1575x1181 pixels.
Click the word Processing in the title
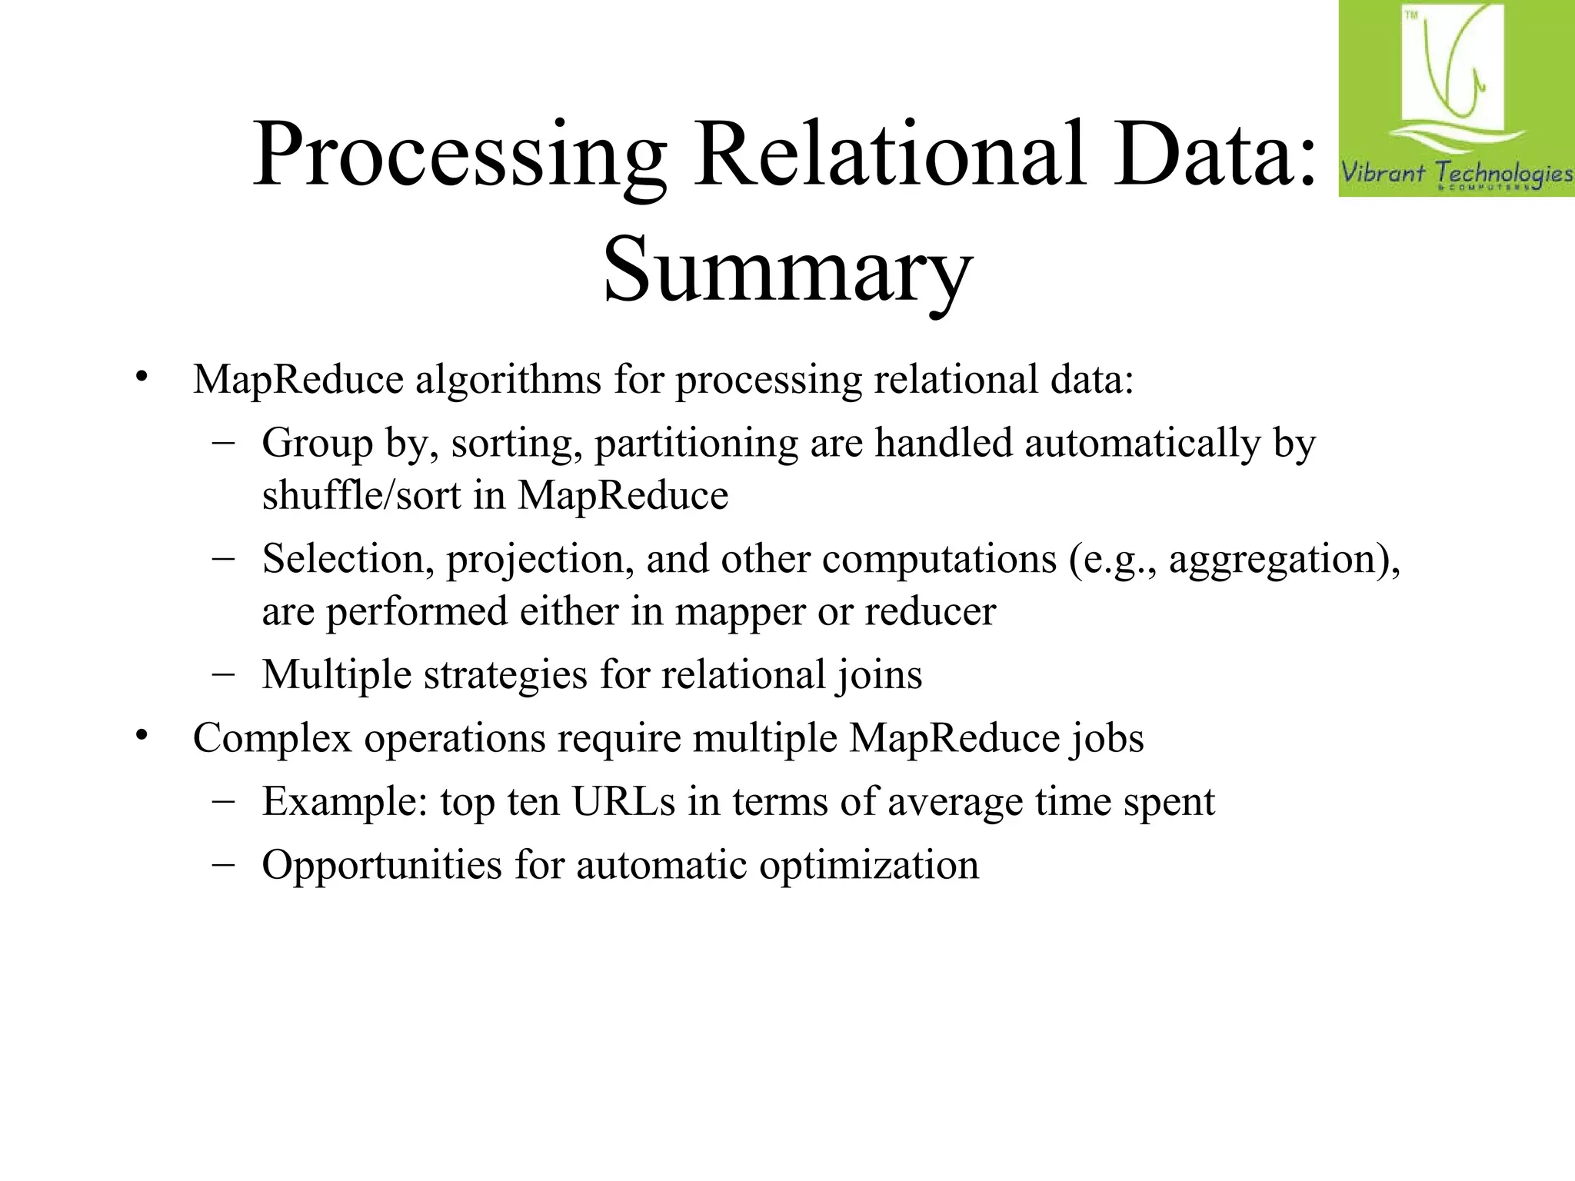(460, 156)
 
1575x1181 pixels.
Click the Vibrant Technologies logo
(1456, 99)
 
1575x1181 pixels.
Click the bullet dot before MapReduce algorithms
(141, 378)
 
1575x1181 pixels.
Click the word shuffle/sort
(361, 496)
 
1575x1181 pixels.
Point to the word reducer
(930, 612)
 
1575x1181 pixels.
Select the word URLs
(624, 802)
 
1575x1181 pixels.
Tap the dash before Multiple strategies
(223, 674)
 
